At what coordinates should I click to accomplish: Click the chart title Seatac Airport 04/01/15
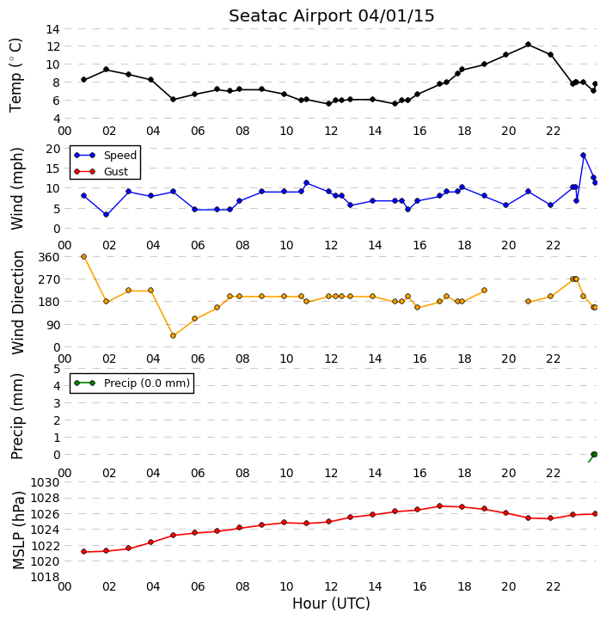pyautogui.click(x=331, y=16)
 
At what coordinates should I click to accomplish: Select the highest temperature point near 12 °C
pyautogui.click(x=529, y=45)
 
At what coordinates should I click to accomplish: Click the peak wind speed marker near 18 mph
pyautogui.click(x=583, y=156)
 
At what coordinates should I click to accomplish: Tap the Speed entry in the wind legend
pyautogui.click(x=106, y=155)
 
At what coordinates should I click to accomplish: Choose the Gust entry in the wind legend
pyautogui.click(x=101, y=172)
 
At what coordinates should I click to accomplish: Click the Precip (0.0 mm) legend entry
pyautogui.click(x=132, y=383)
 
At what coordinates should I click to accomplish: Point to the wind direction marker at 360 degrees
pyautogui.click(x=83, y=256)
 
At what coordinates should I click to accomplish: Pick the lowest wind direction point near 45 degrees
pyautogui.click(x=173, y=335)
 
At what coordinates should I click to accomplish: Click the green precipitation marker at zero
pyautogui.click(x=594, y=455)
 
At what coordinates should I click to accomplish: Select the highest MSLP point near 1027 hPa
pyautogui.click(x=439, y=506)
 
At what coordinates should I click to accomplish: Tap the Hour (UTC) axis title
pyautogui.click(x=331, y=604)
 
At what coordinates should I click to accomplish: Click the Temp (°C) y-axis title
pyautogui.click(x=15, y=75)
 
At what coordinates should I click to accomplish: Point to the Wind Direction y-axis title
pyautogui.click(x=18, y=303)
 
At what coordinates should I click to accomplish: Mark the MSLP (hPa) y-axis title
pyautogui.click(x=18, y=530)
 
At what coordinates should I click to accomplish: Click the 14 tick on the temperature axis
pyautogui.click(x=52, y=29)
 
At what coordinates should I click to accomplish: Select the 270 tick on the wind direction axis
pyautogui.click(x=49, y=279)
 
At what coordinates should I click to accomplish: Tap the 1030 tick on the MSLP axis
pyautogui.click(x=45, y=482)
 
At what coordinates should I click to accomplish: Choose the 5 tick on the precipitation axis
pyautogui.click(x=57, y=369)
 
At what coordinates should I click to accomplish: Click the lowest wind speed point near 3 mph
pyautogui.click(x=106, y=214)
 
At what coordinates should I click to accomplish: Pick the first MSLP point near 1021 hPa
pyautogui.click(x=83, y=551)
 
